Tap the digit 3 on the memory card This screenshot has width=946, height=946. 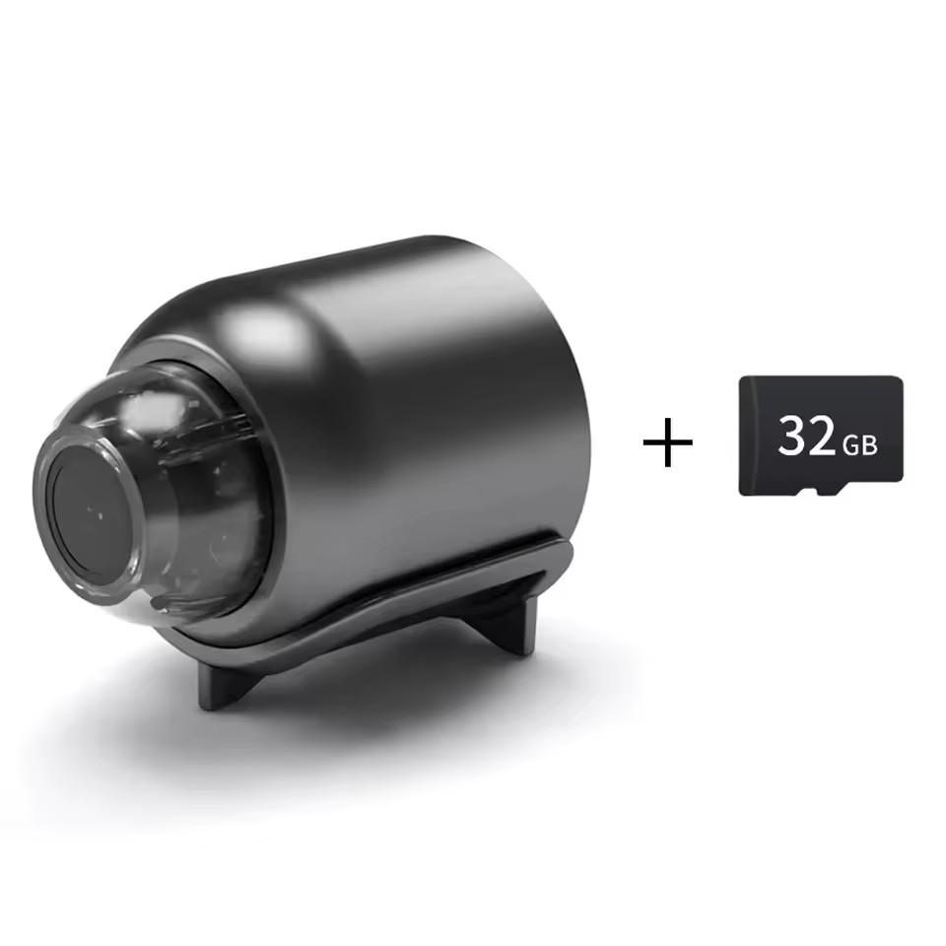click(794, 435)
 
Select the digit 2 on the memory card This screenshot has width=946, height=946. click(822, 436)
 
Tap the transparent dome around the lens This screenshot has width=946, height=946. click(197, 493)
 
